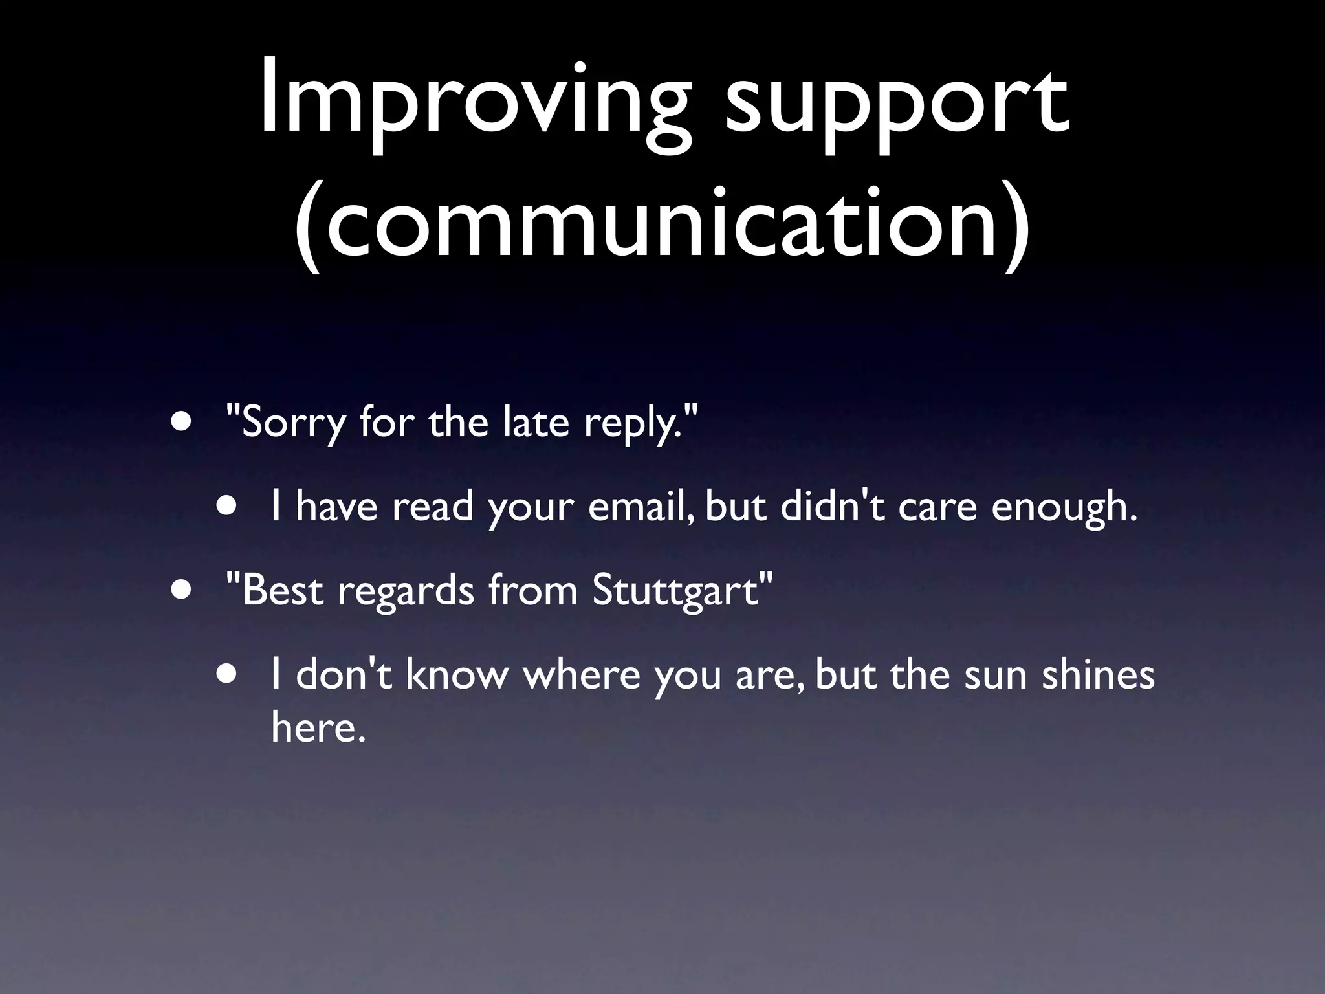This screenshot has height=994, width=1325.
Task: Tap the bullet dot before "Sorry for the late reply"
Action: tap(182, 422)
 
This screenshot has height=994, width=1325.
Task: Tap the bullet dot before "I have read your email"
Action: tap(227, 506)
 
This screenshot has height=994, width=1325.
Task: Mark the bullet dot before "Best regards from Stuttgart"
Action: tap(182, 590)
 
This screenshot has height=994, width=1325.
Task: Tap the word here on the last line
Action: tap(314, 727)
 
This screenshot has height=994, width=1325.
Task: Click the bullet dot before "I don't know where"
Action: tap(227, 674)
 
